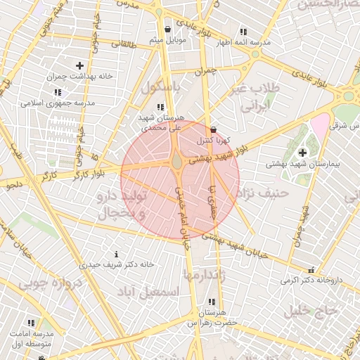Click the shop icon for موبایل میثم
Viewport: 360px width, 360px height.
tap(168, 29)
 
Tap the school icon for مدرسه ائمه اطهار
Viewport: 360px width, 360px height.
tap(243, 32)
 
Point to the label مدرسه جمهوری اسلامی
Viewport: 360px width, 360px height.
tap(60, 103)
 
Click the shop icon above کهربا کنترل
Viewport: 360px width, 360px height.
tap(214, 130)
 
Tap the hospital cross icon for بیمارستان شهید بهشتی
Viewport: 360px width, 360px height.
tap(303, 152)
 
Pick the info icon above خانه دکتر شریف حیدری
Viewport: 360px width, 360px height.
tap(116, 253)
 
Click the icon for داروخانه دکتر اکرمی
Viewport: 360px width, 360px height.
tap(311, 269)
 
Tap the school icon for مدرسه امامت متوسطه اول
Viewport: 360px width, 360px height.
tap(31, 322)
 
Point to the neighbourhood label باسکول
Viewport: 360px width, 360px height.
tap(161, 88)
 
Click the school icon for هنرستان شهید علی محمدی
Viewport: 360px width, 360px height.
tap(161, 108)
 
